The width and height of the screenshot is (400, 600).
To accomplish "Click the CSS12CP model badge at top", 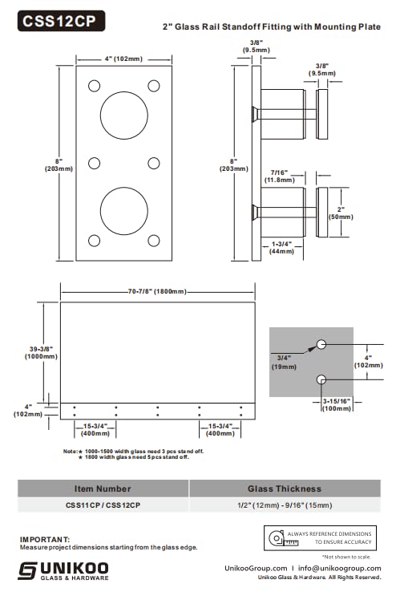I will tap(60, 22).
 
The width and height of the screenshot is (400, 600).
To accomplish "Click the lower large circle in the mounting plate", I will tap(123, 210).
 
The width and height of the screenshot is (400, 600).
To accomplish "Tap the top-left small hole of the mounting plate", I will tap(95, 86).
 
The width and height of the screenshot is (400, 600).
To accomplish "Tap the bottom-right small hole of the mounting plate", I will tap(154, 240).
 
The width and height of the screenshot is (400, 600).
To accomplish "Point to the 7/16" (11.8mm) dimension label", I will tap(280, 176).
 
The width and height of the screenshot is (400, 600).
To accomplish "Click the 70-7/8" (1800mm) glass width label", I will tap(157, 291).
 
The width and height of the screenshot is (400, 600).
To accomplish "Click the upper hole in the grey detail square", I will tap(321, 344).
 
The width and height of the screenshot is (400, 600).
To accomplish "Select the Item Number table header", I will tap(103, 489).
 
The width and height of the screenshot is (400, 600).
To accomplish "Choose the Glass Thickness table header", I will tap(285, 489).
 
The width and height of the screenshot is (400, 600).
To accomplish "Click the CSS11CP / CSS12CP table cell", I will tap(103, 505).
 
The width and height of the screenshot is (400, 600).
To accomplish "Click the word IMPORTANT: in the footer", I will tap(45, 540).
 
